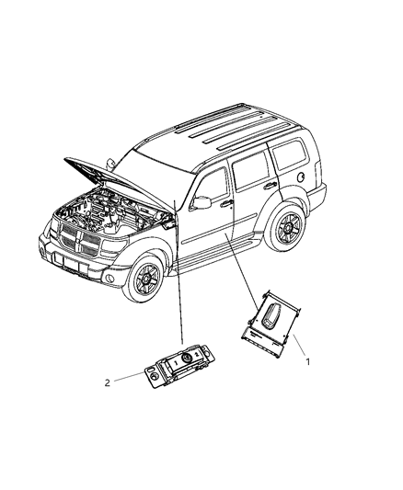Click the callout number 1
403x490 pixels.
point(308,361)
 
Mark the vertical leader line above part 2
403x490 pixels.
point(178,276)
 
